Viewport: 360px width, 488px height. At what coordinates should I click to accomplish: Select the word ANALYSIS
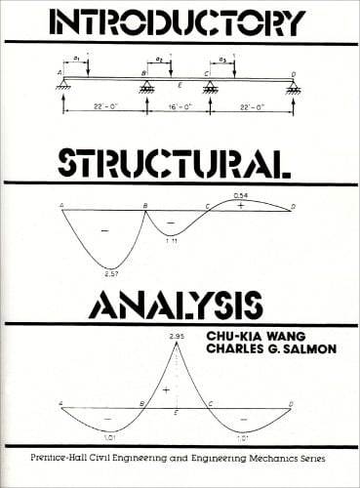[x=146, y=305]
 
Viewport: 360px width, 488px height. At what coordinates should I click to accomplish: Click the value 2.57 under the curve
[x=112, y=275]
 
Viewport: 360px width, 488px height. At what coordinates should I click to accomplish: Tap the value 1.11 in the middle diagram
[x=171, y=240]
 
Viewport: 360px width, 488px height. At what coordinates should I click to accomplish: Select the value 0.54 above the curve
[x=240, y=196]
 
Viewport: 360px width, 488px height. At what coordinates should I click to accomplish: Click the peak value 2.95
[x=177, y=336]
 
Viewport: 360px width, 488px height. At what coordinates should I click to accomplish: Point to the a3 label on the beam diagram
[x=222, y=61]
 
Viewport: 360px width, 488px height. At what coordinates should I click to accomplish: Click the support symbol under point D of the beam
[x=292, y=89]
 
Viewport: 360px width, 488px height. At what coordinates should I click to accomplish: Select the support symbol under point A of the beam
[x=63, y=89]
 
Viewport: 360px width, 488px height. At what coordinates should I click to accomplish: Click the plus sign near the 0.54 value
[x=240, y=206]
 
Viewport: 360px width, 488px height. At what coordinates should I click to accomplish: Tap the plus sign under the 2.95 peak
[x=167, y=389]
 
